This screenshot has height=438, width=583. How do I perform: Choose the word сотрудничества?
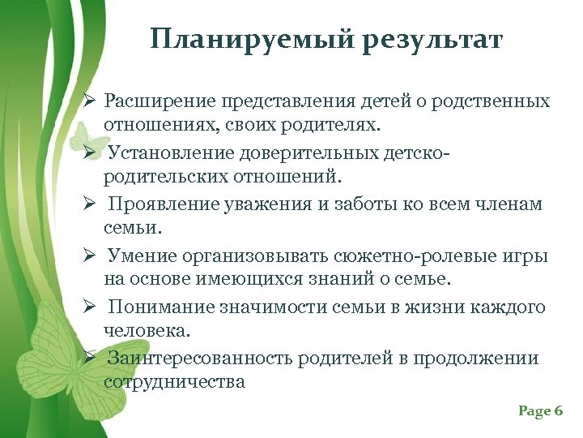174,380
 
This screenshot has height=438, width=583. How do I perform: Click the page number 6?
558,411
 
